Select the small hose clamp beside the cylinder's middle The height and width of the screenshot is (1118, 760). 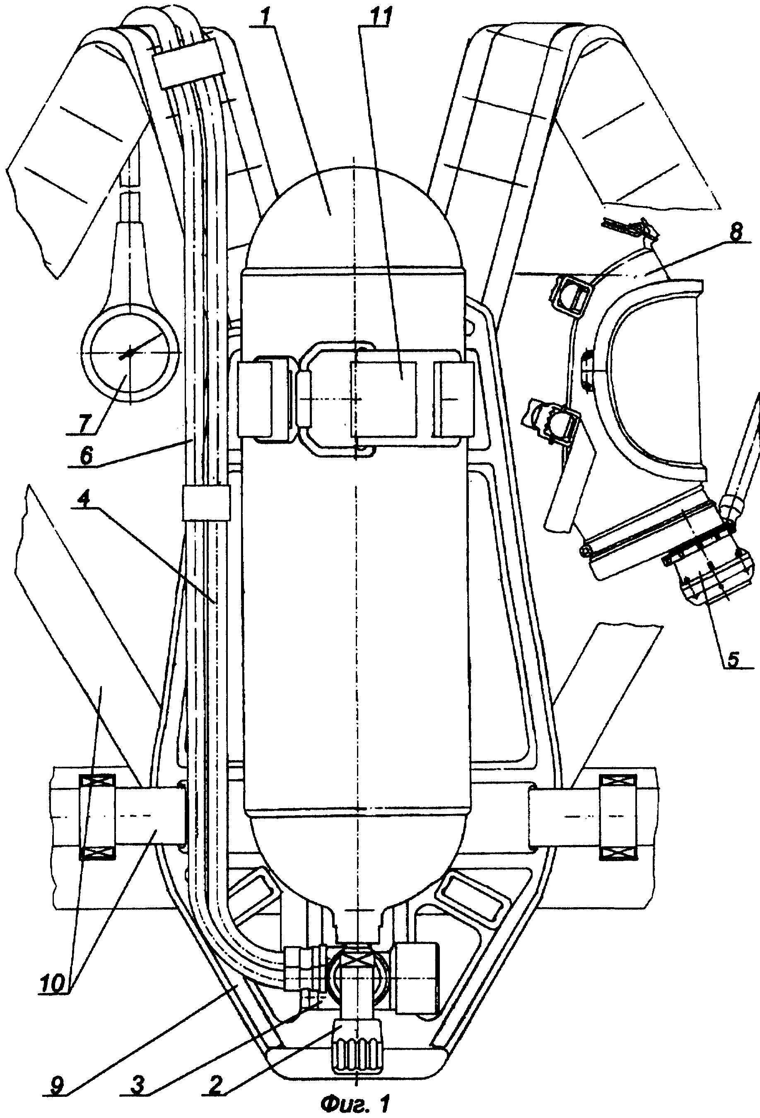[206, 503]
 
